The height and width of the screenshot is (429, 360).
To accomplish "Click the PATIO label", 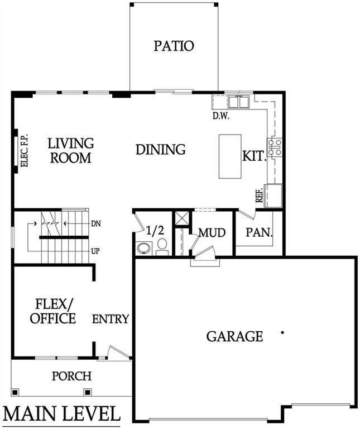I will [x=174, y=46].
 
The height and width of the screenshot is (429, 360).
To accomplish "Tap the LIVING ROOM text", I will [x=70, y=151].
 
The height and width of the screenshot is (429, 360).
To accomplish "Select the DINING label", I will [x=161, y=150].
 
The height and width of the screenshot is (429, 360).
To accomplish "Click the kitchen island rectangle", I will [x=229, y=156].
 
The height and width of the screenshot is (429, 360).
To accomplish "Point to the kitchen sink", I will [x=241, y=102].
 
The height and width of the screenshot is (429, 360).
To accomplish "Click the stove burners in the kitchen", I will [x=275, y=146].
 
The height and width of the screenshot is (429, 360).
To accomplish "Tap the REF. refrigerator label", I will [x=260, y=195].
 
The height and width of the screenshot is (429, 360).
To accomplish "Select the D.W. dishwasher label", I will [x=222, y=117].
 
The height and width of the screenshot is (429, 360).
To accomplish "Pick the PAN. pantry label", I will [x=259, y=232].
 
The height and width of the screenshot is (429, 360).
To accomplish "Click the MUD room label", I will [x=212, y=232].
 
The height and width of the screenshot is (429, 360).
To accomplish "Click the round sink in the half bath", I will [x=143, y=248].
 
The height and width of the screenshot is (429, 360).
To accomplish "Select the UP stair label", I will [x=95, y=251].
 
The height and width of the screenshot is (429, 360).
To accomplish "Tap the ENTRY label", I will [x=111, y=319].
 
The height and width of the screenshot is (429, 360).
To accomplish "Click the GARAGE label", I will [x=234, y=336].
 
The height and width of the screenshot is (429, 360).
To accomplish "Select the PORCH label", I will [x=71, y=376].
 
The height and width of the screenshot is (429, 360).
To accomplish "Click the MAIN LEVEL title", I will [x=61, y=414].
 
